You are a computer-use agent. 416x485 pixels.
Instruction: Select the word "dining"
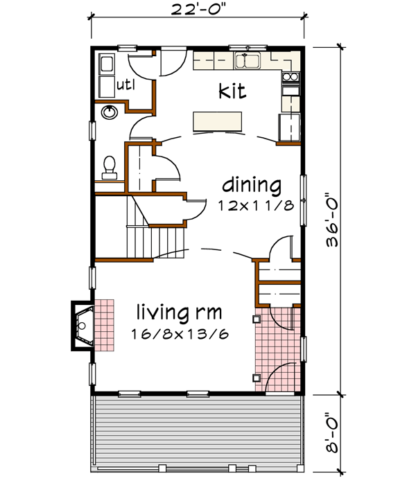pos(251,186)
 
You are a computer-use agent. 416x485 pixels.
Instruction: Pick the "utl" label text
pos(125,86)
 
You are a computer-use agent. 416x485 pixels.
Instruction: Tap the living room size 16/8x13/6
pos(180,334)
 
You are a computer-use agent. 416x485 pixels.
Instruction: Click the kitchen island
pos(219,121)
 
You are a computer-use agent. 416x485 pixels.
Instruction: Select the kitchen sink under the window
pos(247,61)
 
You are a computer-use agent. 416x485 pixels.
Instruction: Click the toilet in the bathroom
pos(109,166)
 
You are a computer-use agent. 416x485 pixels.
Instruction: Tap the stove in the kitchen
pos(290,81)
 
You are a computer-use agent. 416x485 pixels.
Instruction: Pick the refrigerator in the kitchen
pos(288,125)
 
